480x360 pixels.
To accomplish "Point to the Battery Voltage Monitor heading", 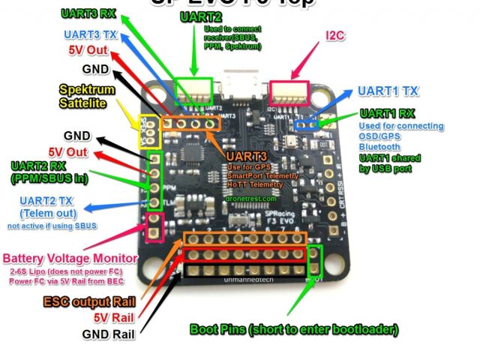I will [x=70, y=258].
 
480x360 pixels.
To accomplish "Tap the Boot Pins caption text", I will [x=293, y=328].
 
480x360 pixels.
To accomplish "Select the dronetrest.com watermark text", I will [x=250, y=199].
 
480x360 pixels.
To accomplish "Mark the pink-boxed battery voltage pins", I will [x=155, y=227].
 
